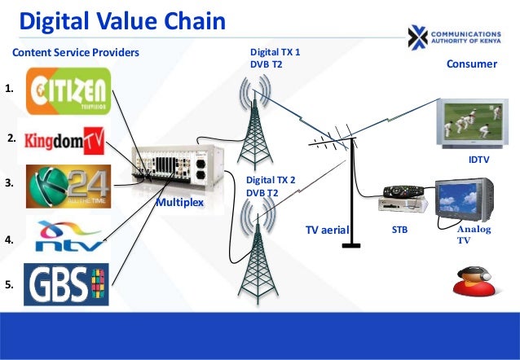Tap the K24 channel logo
tap(68, 187)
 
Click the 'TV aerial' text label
tap(327, 231)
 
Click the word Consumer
tap(472, 64)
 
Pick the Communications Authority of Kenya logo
tap(460, 35)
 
